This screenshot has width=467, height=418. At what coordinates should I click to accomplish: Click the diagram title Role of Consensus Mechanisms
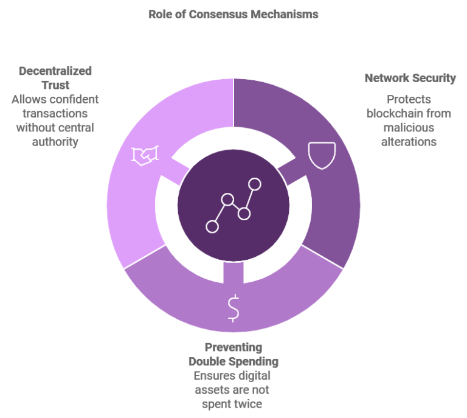[233, 14]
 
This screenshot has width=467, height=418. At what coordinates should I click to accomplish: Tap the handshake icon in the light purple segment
[145, 156]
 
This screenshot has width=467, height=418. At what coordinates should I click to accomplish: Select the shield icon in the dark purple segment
[320, 155]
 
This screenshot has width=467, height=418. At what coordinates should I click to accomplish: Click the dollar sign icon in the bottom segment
[233, 308]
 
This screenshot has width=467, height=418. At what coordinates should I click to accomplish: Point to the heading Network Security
[410, 78]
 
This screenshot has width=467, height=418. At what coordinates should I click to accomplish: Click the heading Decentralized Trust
[55, 78]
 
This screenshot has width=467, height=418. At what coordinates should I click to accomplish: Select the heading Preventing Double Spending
[233, 355]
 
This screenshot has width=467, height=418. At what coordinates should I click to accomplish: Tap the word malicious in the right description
[409, 127]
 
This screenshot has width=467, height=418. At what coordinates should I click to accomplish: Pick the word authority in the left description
[55, 141]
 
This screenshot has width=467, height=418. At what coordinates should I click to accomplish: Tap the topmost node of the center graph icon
[254, 184]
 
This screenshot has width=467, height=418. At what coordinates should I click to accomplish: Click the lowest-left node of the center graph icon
[212, 226]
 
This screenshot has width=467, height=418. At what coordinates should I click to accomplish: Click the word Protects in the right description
[409, 99]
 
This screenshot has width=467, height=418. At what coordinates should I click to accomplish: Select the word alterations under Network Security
[409, 141]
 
